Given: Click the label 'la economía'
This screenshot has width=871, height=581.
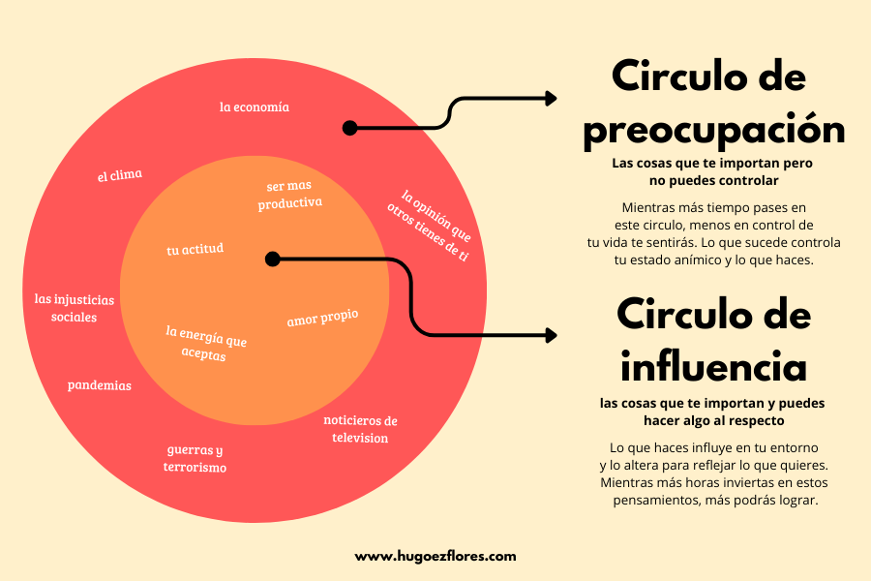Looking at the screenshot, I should tap(254, 107).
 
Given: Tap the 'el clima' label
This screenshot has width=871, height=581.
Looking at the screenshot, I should tap(119, 175).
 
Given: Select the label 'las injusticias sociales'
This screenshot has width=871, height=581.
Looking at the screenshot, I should tap(74, 308).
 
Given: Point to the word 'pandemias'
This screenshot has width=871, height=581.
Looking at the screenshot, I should tap(99, 385).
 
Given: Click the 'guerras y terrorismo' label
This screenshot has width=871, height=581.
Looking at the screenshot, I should tap(195, 459).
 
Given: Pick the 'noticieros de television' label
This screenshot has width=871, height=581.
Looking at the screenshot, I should tap(360, 429).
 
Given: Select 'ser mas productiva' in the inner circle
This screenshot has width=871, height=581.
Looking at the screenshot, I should tap(289, 195).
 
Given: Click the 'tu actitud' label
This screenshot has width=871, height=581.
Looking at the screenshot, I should tap(195, 249).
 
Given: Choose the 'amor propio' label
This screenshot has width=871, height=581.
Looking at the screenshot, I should tap(322, 319).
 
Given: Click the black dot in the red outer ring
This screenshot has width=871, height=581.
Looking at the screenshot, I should tap(350, 128).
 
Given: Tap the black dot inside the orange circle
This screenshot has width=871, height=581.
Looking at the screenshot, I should tap(273, 259).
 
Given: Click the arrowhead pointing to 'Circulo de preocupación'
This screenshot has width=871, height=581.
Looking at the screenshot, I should tap(551, 98).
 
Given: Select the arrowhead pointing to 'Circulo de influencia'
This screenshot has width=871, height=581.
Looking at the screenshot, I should tap(551, 335).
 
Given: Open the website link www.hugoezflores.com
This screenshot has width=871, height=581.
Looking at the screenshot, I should tap(435, 556).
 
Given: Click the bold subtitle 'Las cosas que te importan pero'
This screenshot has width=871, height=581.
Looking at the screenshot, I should tap(712, 163).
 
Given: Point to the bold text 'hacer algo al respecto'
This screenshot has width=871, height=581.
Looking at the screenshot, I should tap(712, 421).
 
